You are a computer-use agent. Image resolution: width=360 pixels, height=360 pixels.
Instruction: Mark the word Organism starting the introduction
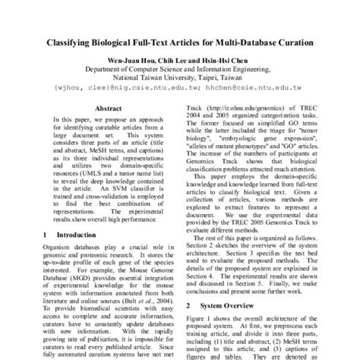58,251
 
